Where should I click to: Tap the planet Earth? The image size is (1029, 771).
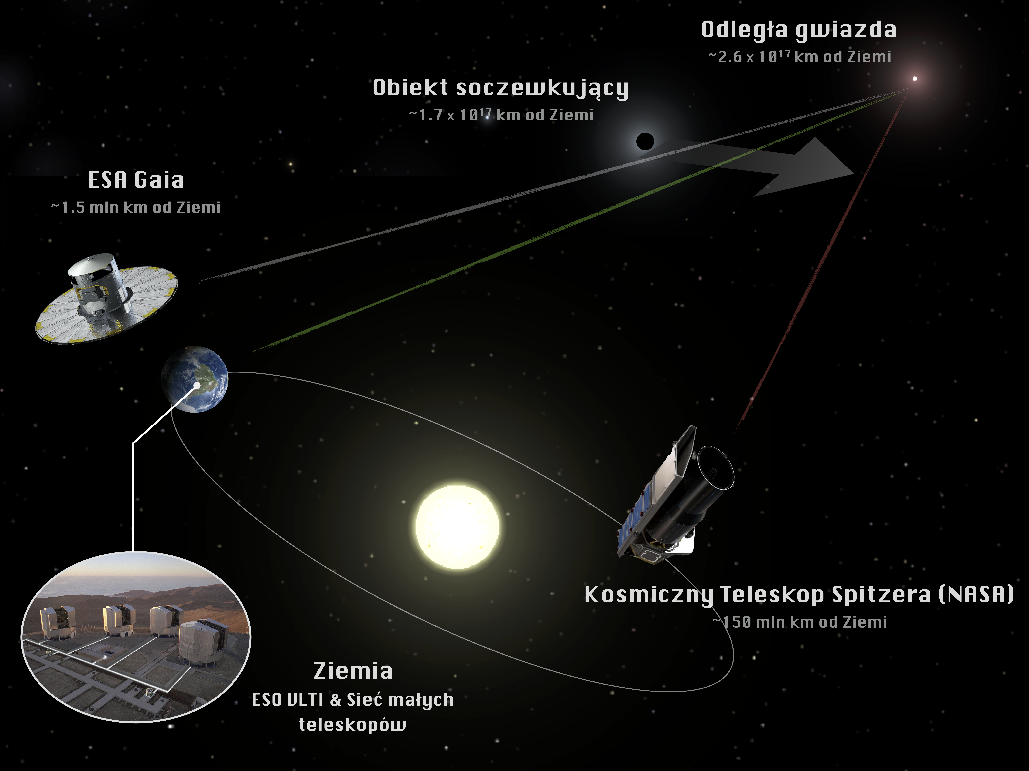194,379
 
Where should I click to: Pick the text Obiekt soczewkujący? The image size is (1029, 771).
501,88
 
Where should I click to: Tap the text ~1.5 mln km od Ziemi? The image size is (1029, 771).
136,207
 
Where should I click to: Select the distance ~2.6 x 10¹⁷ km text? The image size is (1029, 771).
763,57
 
